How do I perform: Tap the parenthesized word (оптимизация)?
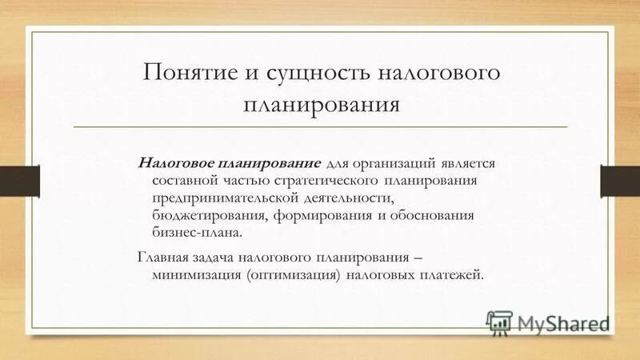294,274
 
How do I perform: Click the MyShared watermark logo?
547,322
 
